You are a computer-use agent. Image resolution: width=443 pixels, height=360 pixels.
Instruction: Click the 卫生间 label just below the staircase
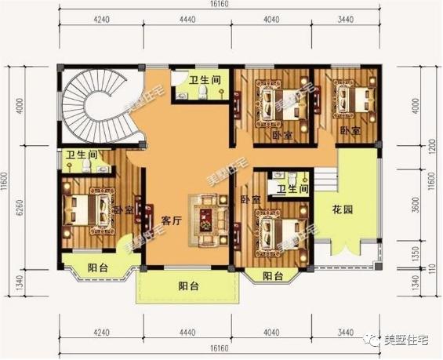pyautogui.click(x=81, y=155)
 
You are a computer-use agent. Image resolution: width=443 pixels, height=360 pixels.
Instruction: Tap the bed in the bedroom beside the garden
pyautogui.click(x=278, y=232)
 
